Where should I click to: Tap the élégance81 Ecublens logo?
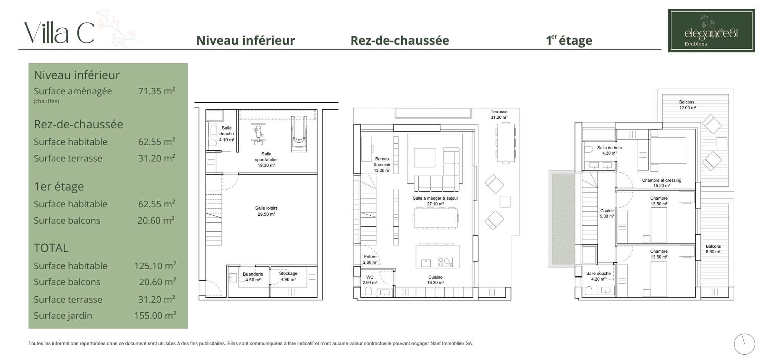tap(711, 31)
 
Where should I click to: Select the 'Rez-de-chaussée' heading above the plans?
tap(400, 40)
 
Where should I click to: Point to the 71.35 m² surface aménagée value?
tap(157, 91)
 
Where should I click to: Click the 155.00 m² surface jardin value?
tap(155, 315)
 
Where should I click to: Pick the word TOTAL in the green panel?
tap(51, 248)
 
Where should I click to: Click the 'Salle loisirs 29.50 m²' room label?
tap(266, 211)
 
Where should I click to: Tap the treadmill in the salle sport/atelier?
tap(299, 134)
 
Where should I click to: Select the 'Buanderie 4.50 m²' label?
tap(253, 277)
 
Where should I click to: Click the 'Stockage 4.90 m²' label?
tap(288, 276)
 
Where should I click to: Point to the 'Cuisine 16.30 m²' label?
tap(435, 280)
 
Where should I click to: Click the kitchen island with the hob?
tap(437, 256)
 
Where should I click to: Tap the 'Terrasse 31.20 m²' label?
tap(499, 115)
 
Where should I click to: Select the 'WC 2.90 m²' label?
tap(370, 280)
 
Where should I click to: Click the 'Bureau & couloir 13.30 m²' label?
tap(382, 165)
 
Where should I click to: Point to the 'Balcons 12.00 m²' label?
tap(687, 105)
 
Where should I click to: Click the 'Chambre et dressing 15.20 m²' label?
tap(662, 183)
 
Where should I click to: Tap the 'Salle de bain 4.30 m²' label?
tap(610, 150)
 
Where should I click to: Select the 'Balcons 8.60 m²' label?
tap(713, 249)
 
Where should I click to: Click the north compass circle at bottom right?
tap(745, 344)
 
